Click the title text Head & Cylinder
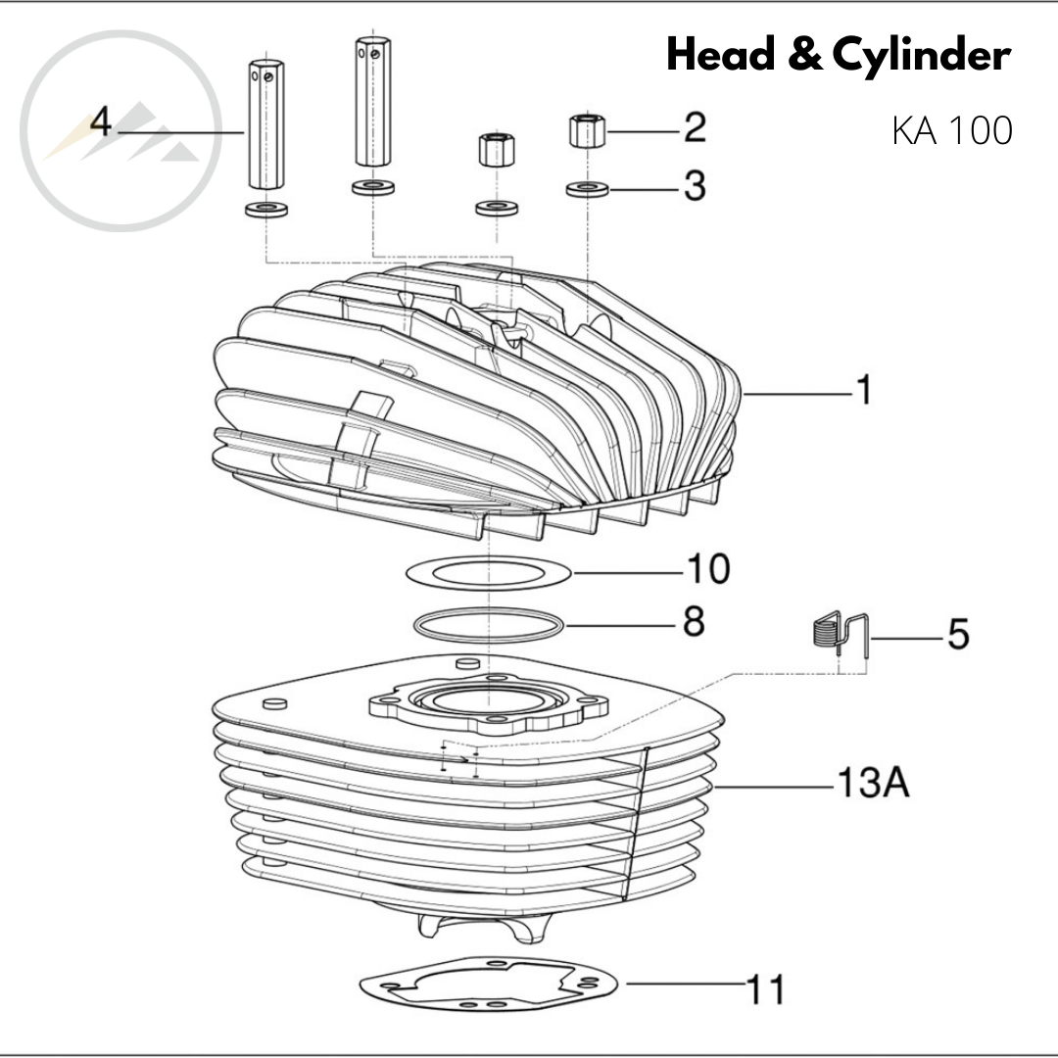tap(838, 57)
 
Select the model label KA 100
tap(951, 130)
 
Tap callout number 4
tap(99, 124)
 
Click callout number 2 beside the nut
tap(695, 127)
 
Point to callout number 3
tap(695, 185)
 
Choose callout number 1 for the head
tap(862, 391)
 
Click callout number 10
tap(707, 568)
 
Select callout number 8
tap(694, 621)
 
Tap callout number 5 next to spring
tap(957, 635)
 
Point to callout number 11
tap(766, 989)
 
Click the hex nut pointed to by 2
tap(585, 130)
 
